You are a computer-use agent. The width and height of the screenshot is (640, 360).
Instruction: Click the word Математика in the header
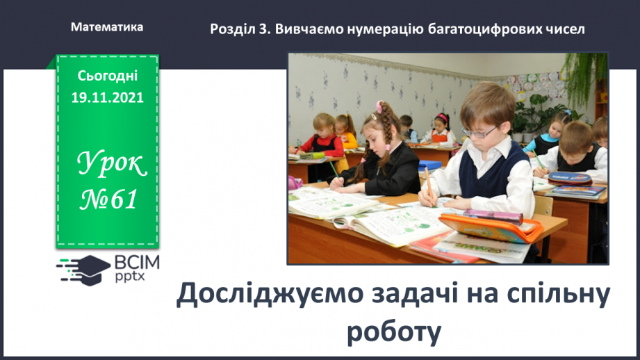[x=107, y=28]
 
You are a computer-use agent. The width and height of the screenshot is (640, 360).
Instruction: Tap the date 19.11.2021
[x=107, y=98]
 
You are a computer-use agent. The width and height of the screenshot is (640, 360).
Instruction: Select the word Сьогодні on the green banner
[x=107, y=74]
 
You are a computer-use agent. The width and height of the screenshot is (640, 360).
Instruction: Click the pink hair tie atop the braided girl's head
[x=379, y=106]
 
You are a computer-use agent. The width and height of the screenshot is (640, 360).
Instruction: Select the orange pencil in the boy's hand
[x=429, y=186]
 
